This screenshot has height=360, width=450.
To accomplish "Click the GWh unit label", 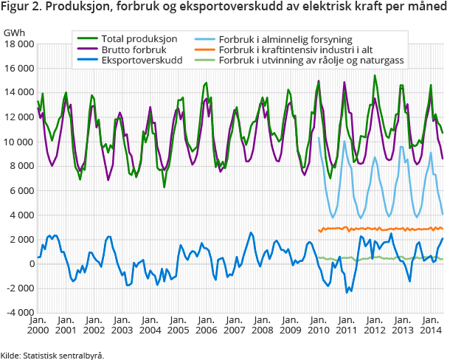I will [x=13, y=33].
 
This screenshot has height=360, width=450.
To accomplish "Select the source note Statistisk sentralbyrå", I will [x=63, y=355].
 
